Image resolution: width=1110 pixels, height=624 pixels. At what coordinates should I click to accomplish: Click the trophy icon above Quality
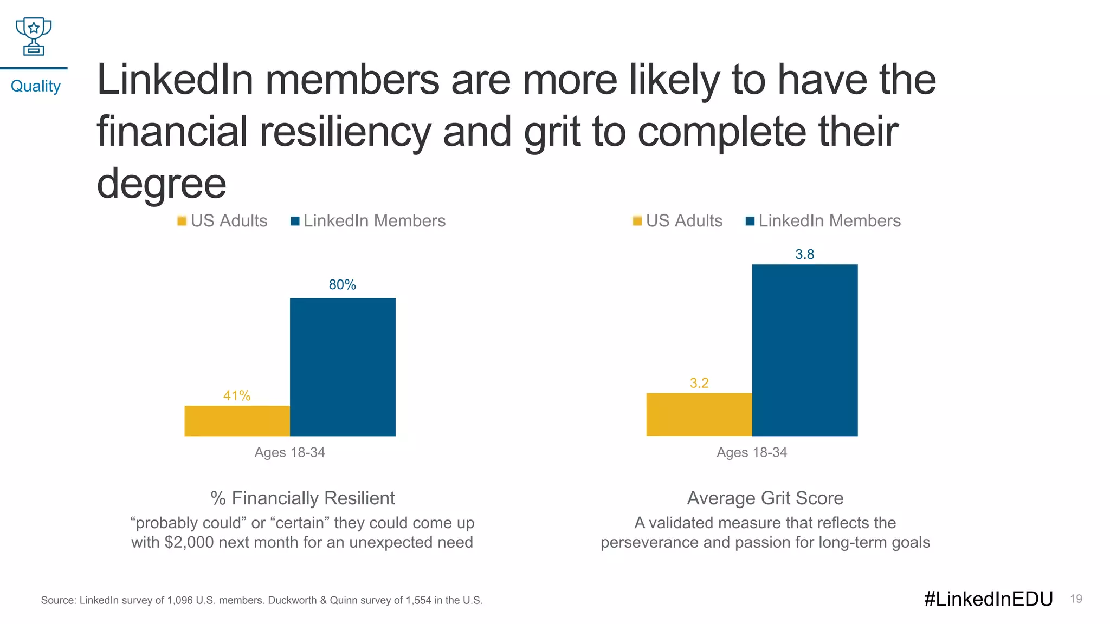point(34,36)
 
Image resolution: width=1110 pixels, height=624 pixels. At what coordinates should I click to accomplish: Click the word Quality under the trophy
point(35,86)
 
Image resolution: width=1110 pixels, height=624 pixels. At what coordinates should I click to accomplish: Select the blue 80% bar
point(343,367)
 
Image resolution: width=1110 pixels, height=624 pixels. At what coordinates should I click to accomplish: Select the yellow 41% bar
point(237,421)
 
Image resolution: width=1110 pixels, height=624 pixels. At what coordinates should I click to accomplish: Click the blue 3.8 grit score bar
point(804,350)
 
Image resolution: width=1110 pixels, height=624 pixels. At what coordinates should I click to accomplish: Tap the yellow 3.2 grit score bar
point(699,414)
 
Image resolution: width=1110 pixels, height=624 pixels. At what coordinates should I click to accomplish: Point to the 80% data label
point(343,285)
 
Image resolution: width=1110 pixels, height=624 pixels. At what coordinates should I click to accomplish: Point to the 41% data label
point(237,396)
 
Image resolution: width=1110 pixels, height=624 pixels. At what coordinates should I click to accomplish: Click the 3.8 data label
point(804,255)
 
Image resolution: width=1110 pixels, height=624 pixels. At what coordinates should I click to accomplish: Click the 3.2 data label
point(699,383)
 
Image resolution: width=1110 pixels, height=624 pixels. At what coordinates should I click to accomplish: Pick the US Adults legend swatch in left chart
point(182,221)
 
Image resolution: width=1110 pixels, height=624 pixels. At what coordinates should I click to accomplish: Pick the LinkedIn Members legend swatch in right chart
point(750,221)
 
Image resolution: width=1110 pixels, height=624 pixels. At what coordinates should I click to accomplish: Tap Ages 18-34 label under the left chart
point(289,452)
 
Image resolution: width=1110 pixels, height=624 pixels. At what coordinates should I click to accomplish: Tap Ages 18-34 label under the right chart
point(751,452)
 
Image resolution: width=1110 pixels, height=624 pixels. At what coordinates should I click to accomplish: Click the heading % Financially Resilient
point(302,498)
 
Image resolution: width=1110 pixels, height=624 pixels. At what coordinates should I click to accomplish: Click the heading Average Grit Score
point(765,498)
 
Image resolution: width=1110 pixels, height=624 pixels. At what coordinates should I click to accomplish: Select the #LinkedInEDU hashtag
point(988,599)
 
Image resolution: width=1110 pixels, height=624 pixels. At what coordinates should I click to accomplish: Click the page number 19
point(1076,599)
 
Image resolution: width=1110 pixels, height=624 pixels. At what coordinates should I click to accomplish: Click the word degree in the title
point(162,183)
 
